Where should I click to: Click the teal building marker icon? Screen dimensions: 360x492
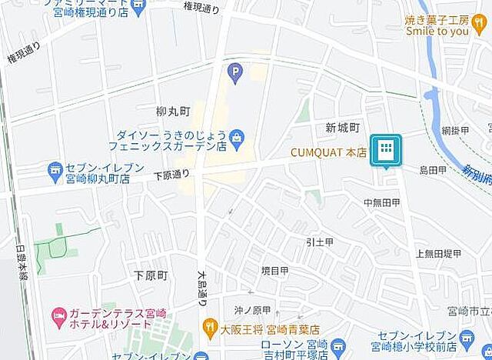386,150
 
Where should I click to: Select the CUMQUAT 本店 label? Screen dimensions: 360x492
328,152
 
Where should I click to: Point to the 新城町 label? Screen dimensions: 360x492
342,127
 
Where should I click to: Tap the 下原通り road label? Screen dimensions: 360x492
171,175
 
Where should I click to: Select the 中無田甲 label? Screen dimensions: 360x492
381,202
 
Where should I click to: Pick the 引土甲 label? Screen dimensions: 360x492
319,242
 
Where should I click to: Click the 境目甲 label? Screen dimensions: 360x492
274,271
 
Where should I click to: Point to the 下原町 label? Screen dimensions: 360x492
150,275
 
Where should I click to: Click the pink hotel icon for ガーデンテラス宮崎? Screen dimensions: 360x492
57,315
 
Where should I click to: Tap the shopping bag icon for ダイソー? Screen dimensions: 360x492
238,138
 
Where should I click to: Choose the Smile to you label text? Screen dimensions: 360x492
437,32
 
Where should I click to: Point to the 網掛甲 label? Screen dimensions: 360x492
454,131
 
